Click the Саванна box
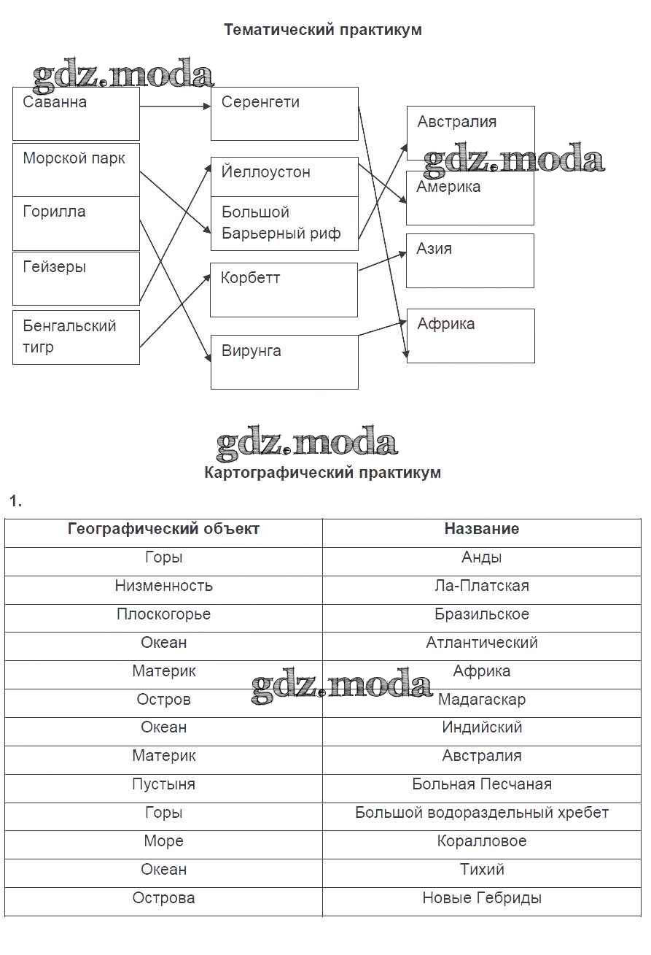[x=76, y=114]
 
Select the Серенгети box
[x=284, y=114]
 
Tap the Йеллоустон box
[x=284, y=176]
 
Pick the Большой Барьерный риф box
[x=284, y=223]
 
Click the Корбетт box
[x=284, y=290]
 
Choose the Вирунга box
[x=284, y=362]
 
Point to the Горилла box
[x=76, y=223]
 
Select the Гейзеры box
[x=76, y=278]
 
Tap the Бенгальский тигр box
[x=76, y=337]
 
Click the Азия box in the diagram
[x=470, y=260]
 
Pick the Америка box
[x=470, y=198]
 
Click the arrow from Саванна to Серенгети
[x=175, y=107]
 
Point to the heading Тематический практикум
[x=322, y=30]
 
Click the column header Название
[x=482, y=529]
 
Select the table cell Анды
[x=482, y=557]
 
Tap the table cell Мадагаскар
[x=482, y=700]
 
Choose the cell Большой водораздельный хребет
[x=482, y=813]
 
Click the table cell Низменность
[x=163, y=586]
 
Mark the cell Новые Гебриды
[x=482, y=898]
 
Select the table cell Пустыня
[x=163, y=784]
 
